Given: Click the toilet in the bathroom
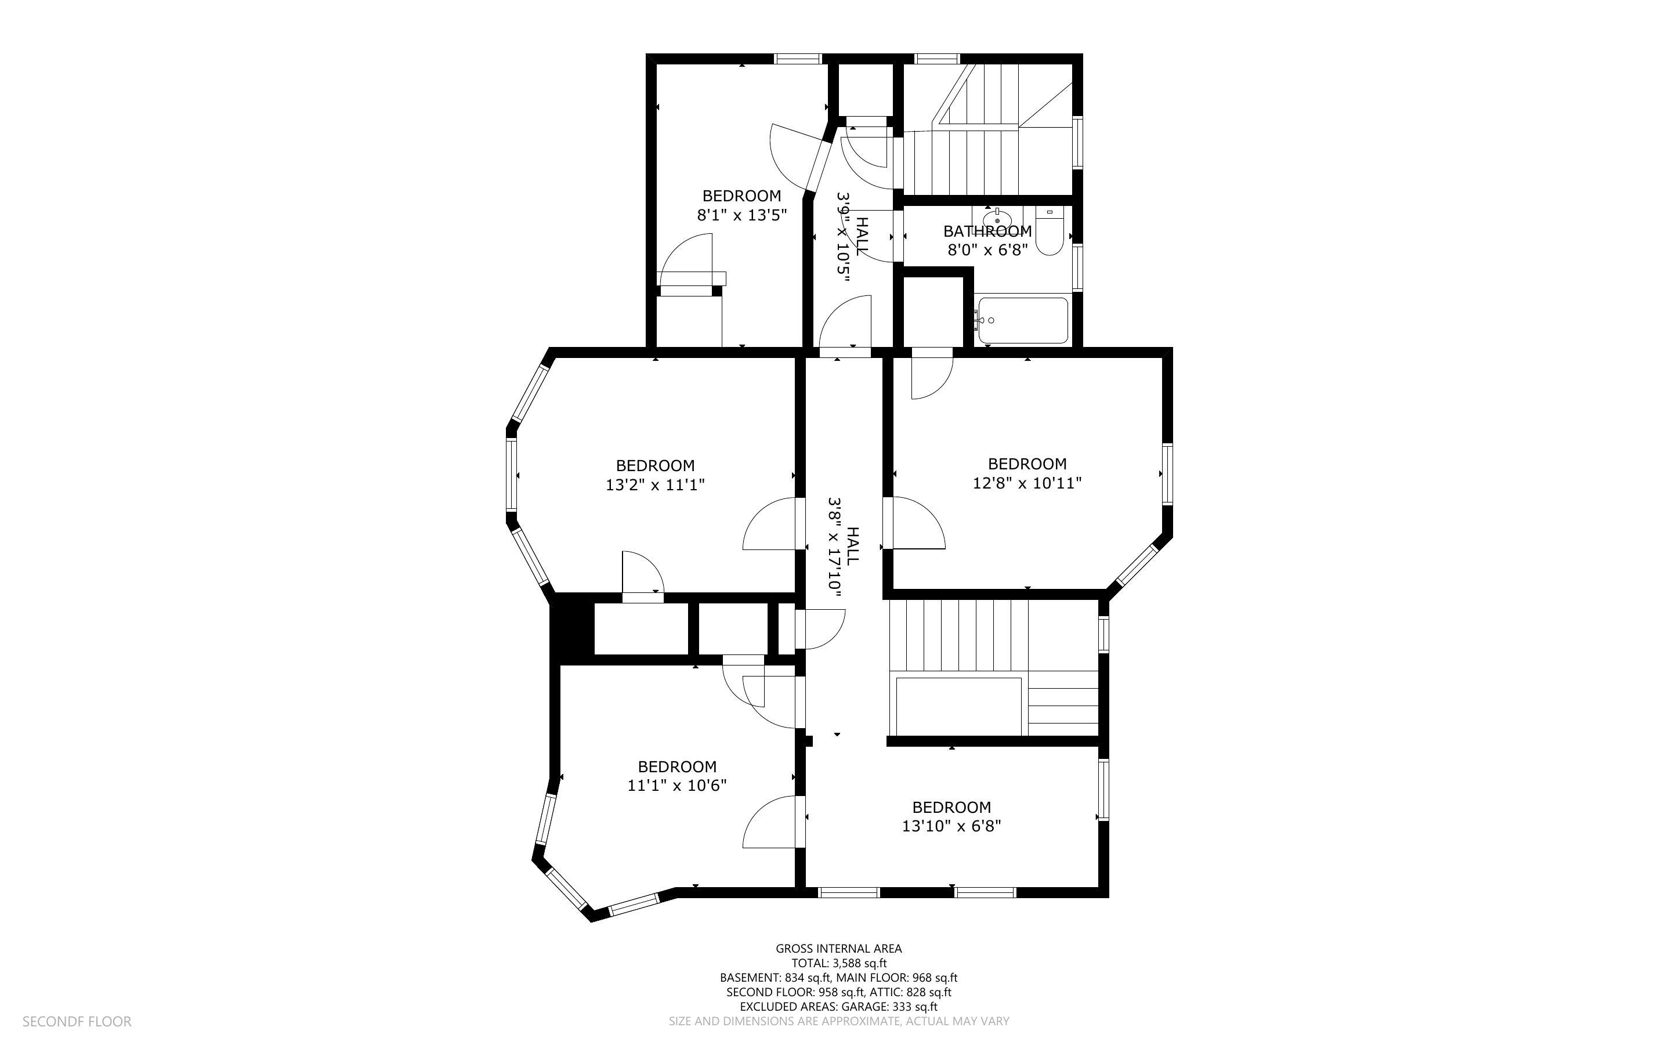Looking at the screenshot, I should (x=1050, y=234).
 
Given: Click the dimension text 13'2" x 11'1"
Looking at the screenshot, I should (x=654, y=484).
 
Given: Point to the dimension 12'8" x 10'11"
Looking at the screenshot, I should (x=1026, y=483).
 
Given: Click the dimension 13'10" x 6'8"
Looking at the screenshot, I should (x=951, y=826).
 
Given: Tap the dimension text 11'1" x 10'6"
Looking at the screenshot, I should (x=677, y=786).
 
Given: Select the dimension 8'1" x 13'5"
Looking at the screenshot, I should (x=741, y=215).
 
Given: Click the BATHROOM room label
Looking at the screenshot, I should (x=987, y=231).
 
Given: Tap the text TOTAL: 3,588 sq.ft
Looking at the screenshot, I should (x=838, y=963).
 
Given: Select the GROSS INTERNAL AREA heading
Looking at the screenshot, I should (x=838, y=949).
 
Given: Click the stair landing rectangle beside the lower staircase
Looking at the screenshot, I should (x=959, y=716).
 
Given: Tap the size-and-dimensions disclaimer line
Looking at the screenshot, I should (x=838, y=1021).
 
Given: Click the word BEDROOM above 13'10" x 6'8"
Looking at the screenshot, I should (x=951, y=807).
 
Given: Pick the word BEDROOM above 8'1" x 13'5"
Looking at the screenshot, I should (x=741, y=196).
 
